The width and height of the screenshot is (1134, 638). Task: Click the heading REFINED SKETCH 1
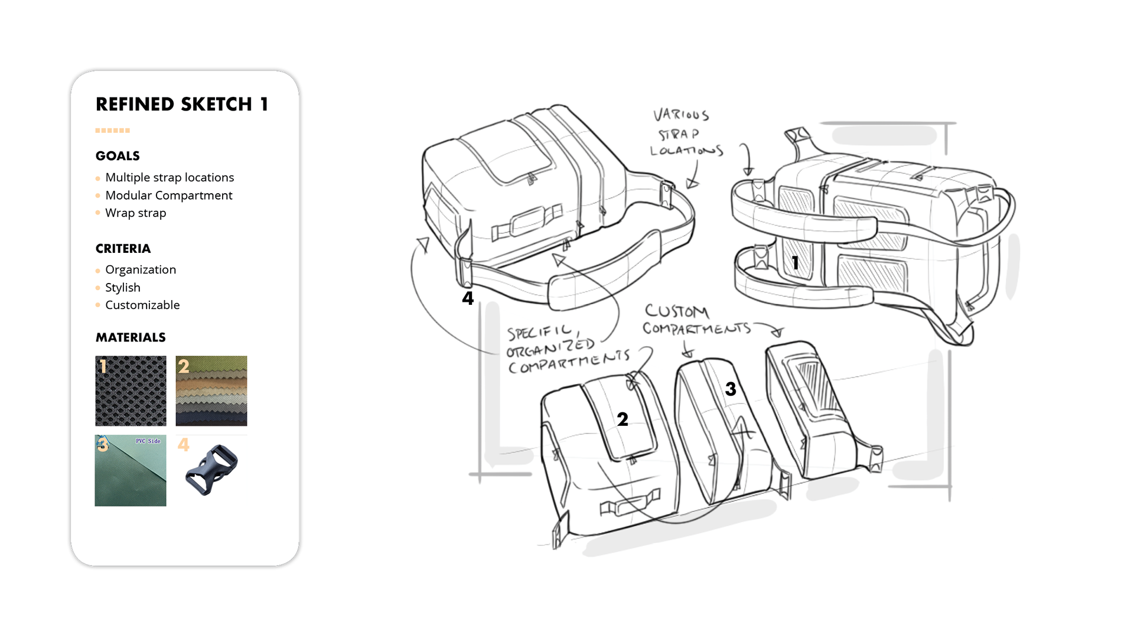(182, 105)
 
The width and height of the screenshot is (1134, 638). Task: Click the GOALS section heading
(118, 156)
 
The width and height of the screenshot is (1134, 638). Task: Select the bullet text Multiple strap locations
(170, 177)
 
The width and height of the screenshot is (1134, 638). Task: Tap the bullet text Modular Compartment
(169, 195)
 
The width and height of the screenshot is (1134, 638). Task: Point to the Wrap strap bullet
(136, 213)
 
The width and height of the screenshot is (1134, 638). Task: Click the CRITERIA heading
(123, 249)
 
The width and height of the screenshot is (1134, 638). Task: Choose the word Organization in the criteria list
(141, 269)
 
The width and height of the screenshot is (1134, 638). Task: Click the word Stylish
(123, 287)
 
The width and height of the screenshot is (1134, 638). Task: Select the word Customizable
(142, 305)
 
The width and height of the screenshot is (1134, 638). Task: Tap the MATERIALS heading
(131, 337)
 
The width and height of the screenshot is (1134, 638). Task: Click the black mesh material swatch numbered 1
(131, 391)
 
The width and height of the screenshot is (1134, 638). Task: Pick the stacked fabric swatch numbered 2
(211, 391)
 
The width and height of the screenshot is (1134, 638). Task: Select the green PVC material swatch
(131, 471)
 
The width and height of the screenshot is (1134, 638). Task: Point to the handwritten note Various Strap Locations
(685, 133)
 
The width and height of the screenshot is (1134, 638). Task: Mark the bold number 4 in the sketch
(468, 298)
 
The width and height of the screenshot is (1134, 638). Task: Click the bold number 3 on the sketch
(731, 389)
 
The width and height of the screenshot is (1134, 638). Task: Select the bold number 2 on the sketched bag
(623, 419)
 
